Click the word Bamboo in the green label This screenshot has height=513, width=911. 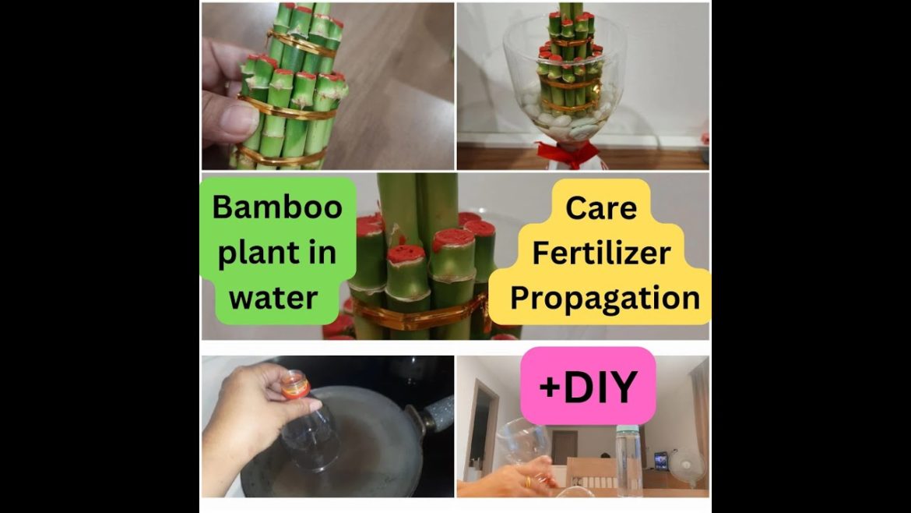(277, 207)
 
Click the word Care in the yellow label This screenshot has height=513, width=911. (600, 207)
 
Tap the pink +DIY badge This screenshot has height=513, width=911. (588, 386)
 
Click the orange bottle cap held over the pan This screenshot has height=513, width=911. (295, 384)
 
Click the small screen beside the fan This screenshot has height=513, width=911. (661, 461)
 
